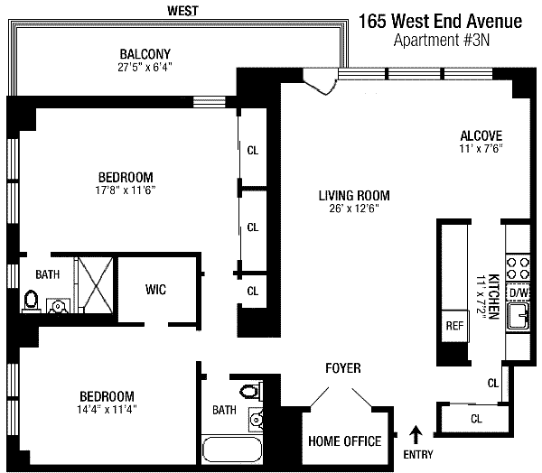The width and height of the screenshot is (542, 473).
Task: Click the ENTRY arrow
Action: coord(416,434)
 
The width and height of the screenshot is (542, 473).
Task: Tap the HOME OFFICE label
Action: coord(344,441)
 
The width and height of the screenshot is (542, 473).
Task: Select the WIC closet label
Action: coord(155,289)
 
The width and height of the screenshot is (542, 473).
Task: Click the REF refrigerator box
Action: coord(453,327)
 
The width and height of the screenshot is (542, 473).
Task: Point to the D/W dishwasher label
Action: coord(519,293)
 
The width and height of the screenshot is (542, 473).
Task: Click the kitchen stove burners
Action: coord(519,268)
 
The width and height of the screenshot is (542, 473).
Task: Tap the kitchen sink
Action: coord(519,317)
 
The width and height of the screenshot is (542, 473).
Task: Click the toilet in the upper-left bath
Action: coord(30,301)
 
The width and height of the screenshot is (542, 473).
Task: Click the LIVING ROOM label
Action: coord(353,195)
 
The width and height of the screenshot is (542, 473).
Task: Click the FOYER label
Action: coord(342,368)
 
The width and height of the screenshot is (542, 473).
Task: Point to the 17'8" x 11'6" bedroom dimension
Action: coord(126,190)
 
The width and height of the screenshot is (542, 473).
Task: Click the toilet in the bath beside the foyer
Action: coord(252,391)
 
